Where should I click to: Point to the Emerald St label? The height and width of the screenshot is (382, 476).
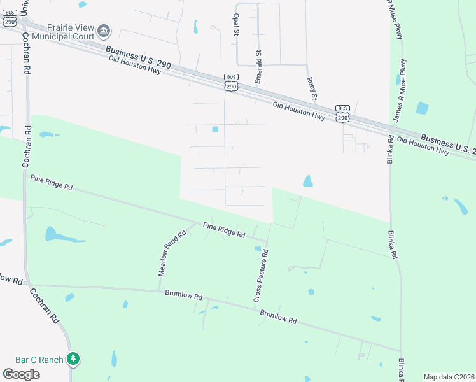click(259, 67)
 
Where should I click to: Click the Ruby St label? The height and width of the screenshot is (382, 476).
click(311, 88)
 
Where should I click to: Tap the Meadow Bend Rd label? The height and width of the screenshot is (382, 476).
click(172, 253)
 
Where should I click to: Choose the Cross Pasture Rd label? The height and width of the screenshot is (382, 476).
click(260, 275)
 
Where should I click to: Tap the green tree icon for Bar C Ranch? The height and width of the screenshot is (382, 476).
click(74, 359)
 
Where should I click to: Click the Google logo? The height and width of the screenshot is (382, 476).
click(21, 374)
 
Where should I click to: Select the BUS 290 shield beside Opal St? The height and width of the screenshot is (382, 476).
click(231, 82)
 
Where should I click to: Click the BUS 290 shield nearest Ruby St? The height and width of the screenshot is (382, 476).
click(342, 113)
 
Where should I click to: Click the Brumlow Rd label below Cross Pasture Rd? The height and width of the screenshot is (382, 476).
click(278, 316)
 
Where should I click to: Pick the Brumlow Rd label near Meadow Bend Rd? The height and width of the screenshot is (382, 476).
click(183, 296)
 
